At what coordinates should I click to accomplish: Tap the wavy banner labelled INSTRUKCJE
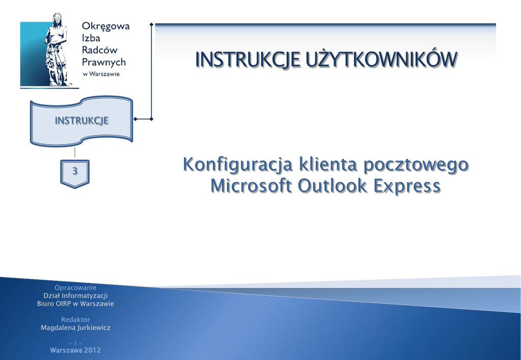[81, 121]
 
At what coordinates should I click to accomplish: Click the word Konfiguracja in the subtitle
[238, 165]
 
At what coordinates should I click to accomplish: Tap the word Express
[407, 186]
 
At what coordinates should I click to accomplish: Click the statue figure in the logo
[57, 50]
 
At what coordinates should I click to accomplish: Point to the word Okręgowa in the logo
[106, 26]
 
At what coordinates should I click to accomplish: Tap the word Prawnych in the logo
[104, 63]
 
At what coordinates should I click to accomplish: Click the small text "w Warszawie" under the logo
[101, 74]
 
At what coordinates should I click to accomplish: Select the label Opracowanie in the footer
[75, 288]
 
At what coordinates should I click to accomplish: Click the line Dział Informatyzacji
[75, 295]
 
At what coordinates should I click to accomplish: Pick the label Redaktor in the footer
[75, 319]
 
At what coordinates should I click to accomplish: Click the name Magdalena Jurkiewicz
[75, 328]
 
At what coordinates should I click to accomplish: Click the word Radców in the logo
[100, 50]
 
